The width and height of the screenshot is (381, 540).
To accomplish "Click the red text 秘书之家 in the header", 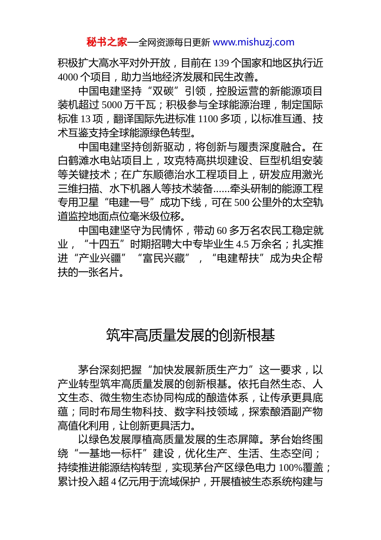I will pos(107,42).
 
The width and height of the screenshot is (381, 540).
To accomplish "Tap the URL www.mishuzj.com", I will pos(253,42).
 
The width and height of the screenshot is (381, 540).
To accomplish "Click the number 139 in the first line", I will pos(221,63).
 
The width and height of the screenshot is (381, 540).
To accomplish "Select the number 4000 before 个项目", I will pos(68,77).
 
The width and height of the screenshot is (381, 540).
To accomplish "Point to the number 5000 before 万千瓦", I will pos(112,105).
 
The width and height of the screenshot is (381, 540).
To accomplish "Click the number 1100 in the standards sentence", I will pos(208,119).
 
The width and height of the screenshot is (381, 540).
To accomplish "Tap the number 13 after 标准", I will pos(85,119).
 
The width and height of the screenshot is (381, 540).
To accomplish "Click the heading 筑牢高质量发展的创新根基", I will pos(190,335).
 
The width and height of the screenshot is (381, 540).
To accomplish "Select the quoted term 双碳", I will pos(163,91).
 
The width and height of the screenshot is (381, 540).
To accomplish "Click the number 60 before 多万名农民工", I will pos(222,231).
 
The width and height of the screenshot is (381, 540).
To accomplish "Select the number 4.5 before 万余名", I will pos(242,244).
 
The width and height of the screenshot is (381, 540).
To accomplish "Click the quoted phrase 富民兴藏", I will pos(164,258).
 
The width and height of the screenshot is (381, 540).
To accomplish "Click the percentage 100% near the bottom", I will pos(290,468).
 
